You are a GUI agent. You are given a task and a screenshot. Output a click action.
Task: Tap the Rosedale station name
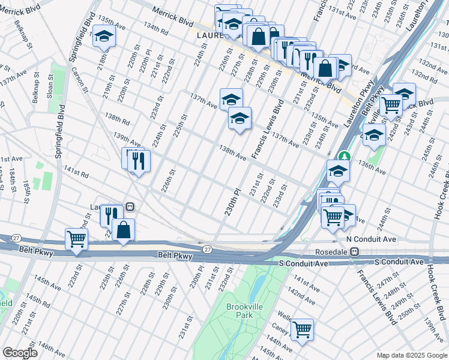tap(332, 251)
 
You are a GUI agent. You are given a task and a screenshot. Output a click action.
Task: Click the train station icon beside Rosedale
tap(355, 251)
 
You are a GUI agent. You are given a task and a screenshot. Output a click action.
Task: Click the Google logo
tap(20, 353)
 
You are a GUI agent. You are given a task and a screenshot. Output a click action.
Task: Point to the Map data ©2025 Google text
tap(412, 356)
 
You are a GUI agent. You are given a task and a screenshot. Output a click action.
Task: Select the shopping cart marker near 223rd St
tap(77, 239)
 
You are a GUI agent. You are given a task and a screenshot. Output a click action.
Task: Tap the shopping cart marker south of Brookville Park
tap(301, 328)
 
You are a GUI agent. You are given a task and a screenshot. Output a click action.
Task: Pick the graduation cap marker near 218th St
tap(104, 37)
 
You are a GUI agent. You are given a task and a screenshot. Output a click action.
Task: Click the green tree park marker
tap(343, 156)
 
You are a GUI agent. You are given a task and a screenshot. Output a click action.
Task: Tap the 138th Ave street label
tap(232, 152)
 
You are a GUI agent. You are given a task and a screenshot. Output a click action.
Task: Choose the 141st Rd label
tap(77, 174)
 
